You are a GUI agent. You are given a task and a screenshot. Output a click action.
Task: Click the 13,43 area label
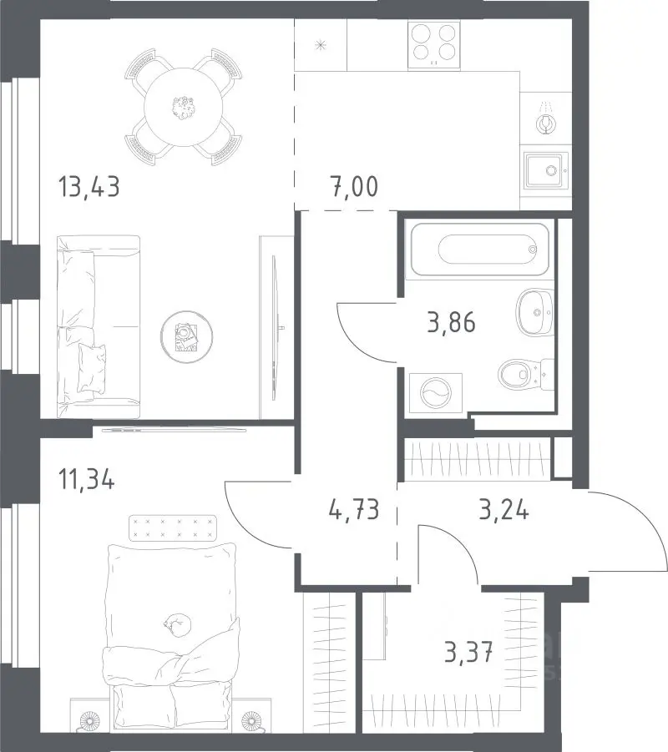[89, 187]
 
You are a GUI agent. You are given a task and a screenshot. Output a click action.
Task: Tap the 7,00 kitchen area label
[354, 187]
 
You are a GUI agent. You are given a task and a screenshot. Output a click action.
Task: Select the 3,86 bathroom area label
[451, 322]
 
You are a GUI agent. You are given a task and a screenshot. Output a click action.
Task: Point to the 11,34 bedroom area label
[86, 479]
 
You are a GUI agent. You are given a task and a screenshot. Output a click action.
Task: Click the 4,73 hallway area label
[354, 509]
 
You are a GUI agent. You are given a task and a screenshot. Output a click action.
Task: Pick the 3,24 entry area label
[504, 509]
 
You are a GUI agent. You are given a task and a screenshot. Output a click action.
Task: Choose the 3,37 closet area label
[468, 653]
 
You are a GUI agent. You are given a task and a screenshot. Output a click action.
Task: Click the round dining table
[184, 108]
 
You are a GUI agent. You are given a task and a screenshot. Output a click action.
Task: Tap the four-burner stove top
[434, 44]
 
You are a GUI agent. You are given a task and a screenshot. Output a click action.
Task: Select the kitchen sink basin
[547, 170]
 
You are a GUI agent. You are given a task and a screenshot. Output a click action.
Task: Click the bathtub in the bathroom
[480, 250]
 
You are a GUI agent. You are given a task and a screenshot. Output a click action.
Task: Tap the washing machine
[436, 393]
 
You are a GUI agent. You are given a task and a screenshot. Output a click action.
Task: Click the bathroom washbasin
[535, 312]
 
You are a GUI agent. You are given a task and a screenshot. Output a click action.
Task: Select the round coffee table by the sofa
[187, 336]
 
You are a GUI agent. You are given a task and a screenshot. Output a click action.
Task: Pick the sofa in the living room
[99, 327]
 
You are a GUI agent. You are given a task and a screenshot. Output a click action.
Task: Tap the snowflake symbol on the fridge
[321, 46]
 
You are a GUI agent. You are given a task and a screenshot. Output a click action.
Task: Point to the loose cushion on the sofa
[92, 367]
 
